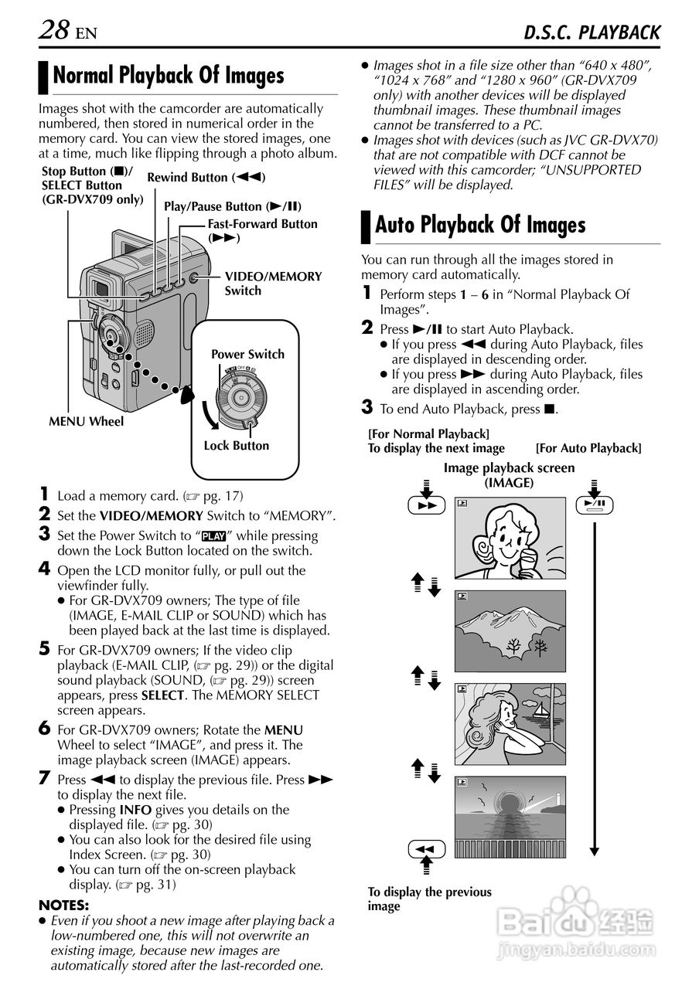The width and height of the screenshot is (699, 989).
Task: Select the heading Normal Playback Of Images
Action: point(169,76)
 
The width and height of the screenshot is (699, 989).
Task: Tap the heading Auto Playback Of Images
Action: point(480,225)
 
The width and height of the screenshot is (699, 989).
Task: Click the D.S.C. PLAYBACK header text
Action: point(592,32)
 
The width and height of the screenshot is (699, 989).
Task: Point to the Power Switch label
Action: point(247,355)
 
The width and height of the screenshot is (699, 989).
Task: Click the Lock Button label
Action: point(237,446)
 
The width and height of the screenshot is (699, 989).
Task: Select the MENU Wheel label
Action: point(86,422)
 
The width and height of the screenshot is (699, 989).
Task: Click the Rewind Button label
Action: point(206,178)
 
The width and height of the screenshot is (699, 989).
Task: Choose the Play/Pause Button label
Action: point(233,207)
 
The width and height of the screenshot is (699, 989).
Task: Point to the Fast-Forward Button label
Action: point(262,230)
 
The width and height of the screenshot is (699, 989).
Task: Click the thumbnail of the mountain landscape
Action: point(510,630)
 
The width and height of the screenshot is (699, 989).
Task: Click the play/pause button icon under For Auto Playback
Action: point(595,505)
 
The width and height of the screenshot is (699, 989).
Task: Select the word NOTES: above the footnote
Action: point(64,905)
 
